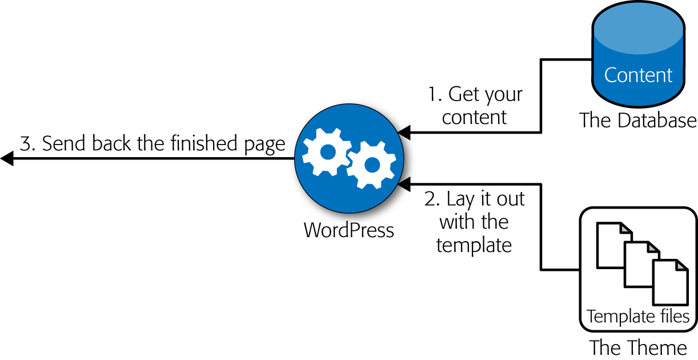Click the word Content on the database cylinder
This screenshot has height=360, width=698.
pyautogui.click(x=638, y=75)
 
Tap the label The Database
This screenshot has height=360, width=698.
pyautogui.click(x=637, y=121)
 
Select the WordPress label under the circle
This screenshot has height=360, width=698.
pyautogui.click(x=348, y=230)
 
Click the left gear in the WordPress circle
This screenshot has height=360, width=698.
pyautogui.click(x=327, y=152)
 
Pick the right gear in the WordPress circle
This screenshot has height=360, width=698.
pyautogui.click(x=371, y=165)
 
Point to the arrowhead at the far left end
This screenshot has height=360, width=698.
pyautogui.click(x=7, y=158)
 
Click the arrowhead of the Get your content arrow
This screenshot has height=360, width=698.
pyautogui.click(x=404, y=133)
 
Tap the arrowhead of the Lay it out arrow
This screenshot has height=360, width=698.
pyautogui.click(x=404, y=184)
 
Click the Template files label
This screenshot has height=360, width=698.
pyautogui.click(x=638, y=316)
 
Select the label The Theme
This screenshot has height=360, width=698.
pyautogui.click(x=638, y=347)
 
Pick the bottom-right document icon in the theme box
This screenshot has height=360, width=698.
pyautogui.click(x=671, y=282)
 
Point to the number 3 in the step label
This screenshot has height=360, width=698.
pyautogui.click(x=26, y=143)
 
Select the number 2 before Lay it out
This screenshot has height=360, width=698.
pyautogui.click(x=430, y=198)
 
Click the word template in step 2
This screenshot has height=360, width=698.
pyautogui.click(x=474, y=246)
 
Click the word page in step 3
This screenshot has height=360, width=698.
pyautogui.click(x=264, y=145)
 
